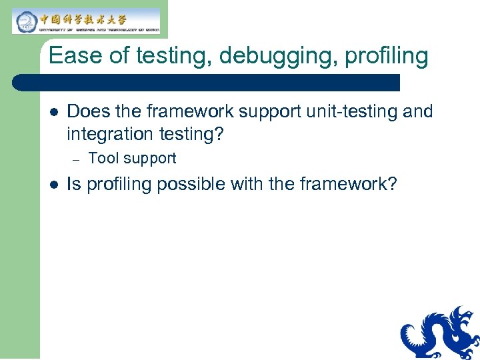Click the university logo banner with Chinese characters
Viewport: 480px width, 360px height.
coord(87,21)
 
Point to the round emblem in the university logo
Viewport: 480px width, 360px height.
coord(26,21)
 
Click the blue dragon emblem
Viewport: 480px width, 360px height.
coord(440,333)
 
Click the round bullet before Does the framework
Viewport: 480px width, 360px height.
coord(53,111)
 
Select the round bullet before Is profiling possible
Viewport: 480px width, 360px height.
coord(53,185)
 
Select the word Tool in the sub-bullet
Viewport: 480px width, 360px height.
coord(101,159)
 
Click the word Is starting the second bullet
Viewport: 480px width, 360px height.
coord(73,184)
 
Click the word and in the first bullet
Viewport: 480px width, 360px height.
coord(417,111)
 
